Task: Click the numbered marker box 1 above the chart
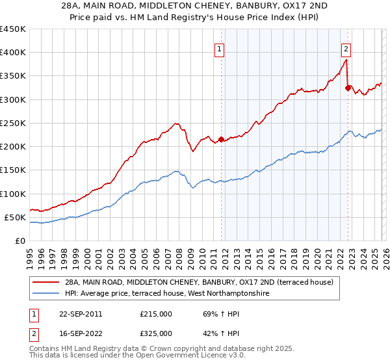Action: pyautogui.click(x=220, y=48)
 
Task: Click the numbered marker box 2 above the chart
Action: pyautogui.click(x=346, y=48)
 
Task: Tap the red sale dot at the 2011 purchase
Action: pyautogui.click(x=221, y=139)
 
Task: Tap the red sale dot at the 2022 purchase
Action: pyautogui.click(x=348, y=87)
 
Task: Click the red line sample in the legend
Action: pyautogui.click(x=46, y=282)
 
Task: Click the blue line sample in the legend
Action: pyautogui.click(x=46, y=294)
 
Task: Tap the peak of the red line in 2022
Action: pyautogui.click(x=346, y=60)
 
